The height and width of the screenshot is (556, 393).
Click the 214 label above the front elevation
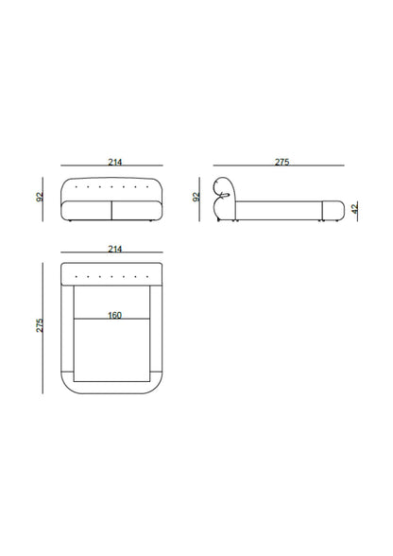click(x=115, y=162)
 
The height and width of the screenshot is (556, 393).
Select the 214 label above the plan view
click(x=115, y=249)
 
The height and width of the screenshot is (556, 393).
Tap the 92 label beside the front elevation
click(x=39, y=197)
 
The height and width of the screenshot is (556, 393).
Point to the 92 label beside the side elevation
click(x=196, y=197)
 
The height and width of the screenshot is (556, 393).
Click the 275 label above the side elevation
click(x=282, y=162)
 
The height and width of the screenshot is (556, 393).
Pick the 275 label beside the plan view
click(x=40, y=325)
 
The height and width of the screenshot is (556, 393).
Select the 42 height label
click(x=354, y=209)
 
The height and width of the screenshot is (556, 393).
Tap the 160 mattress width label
click(x=114, y=315)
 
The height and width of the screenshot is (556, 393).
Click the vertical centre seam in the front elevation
click(x=112, y=210)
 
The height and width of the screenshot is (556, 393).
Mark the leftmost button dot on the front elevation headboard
click(x=77, y=187)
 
